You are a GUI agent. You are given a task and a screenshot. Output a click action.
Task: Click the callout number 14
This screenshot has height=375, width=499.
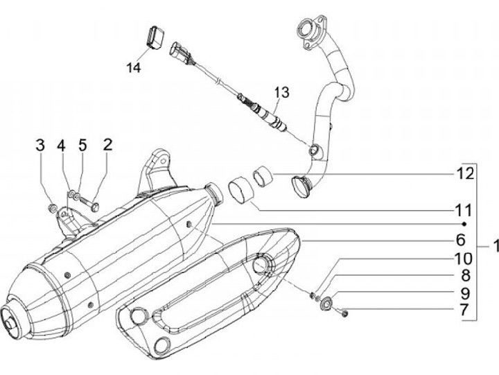pyautogui.click(x=134, y=67)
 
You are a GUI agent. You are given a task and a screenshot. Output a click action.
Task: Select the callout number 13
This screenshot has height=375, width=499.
pyautogui.click(x=281, y=92)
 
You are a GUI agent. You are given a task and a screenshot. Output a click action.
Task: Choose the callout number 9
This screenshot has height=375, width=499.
pyautogui.click(x=462, y=293)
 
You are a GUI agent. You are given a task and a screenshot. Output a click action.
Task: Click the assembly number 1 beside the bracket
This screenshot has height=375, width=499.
pyautogui.click(x=493, y=245)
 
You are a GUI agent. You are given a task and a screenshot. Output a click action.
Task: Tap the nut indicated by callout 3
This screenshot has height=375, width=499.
pyautogui.click(x=53, y=207)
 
